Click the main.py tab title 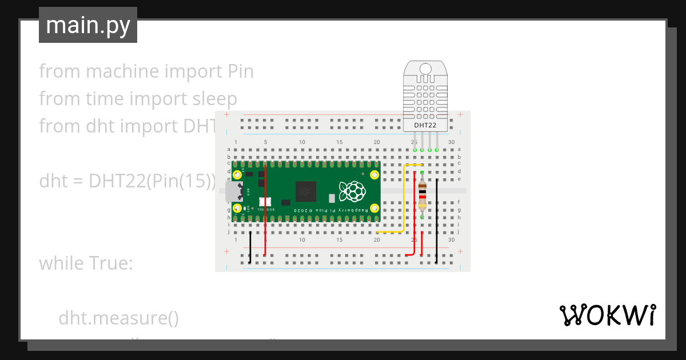pyautogui.click(x=87, y=26)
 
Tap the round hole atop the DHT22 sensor pyautogui.click(x=425, y=68)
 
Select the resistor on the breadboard pyautogui.click(x=422, y=195)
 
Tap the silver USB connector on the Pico pyautogui.click(x=234, y=191)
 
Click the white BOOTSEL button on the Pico pyautogui.click(x=265, y=202)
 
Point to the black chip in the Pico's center pyautogui.click(x=305, y=191)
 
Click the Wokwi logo pyautogui.click(x=607, y=315)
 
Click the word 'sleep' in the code pyautogui.click(x=213, y=99)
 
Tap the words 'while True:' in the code pyautogui.click(x=86, y=263)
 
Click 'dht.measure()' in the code pyautogui.click(x=118, y=318)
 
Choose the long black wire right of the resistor pyautogui.click(x=437, y=220)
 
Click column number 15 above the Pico pyautogui.click(x=340, y=142)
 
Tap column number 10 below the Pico pyautogui.click(x=302, y=240)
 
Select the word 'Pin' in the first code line pyautogui.click(x=240, y=71)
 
